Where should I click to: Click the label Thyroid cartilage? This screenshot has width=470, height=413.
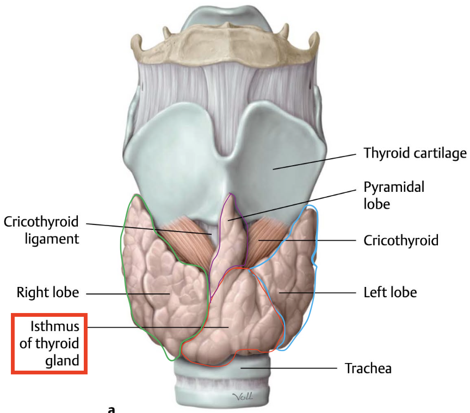(x=415, y=153)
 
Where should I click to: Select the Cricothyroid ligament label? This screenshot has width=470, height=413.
(x=41, y=230)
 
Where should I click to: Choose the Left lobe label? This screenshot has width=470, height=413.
(x=390, y=292)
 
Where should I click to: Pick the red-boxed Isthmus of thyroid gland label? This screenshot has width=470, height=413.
(x=49, y=342)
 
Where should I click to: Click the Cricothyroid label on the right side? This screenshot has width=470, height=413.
(x=401, y=240)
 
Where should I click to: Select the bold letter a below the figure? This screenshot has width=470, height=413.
(x=112, y=408)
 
